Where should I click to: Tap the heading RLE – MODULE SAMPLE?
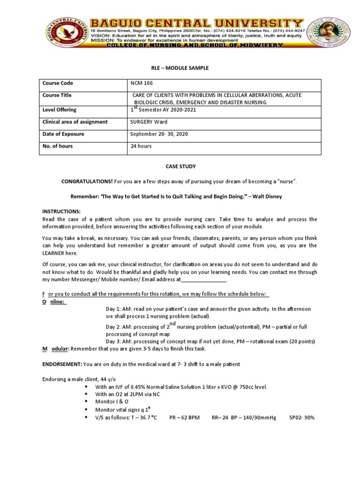180,68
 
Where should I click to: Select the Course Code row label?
58,83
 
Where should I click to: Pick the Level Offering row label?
59,110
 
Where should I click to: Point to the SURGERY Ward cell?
149,122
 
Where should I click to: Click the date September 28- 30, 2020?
159,134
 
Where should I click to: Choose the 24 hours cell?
141,146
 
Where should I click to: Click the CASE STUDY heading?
180,166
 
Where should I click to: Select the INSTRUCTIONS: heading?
61,212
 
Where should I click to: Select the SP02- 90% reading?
302,417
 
